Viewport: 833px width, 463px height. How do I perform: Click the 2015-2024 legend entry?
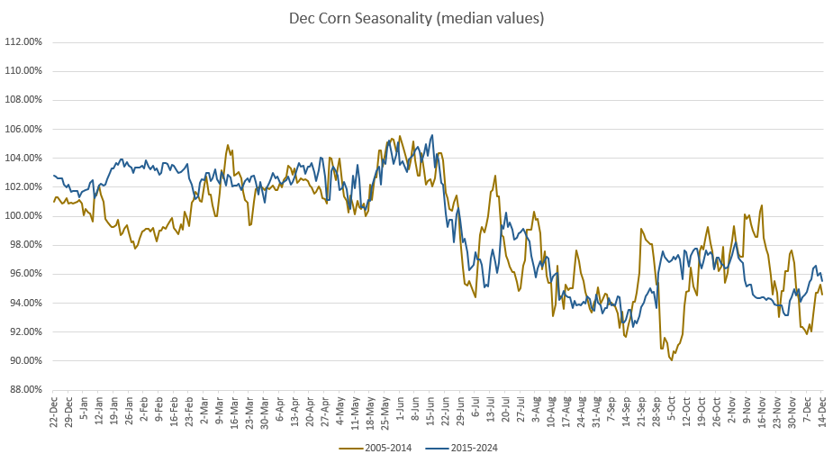point(469,448)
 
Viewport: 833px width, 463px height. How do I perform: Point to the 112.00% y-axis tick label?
point(23,42)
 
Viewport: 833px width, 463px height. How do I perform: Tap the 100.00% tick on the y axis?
point(23,216)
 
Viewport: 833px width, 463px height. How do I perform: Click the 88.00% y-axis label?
point(25,390)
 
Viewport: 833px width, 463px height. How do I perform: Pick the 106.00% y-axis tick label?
point(23,129)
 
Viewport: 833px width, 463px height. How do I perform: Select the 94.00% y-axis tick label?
point(25,303)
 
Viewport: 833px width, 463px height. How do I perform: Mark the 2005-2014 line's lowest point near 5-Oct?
point(671,360)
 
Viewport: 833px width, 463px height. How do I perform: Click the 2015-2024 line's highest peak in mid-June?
point(432,135)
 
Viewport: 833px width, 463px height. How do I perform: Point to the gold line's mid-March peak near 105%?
point(228,145)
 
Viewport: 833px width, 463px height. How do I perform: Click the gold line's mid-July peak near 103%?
point(494,176)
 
